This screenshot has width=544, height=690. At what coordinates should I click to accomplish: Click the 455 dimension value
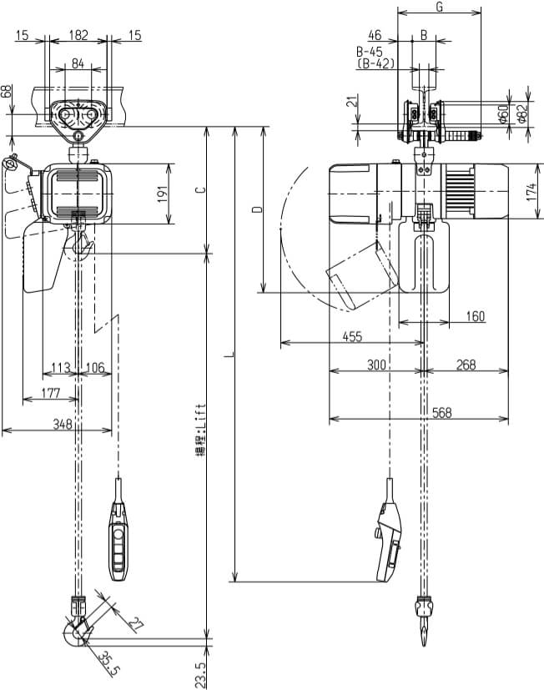(352, 336)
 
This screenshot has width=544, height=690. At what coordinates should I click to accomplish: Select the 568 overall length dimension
(442, 413)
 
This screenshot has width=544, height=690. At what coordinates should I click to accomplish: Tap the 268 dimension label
(466, 365)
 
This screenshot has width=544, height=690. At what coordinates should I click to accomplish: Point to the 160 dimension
(475, 316)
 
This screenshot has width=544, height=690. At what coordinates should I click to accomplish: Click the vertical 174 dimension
(531, 191)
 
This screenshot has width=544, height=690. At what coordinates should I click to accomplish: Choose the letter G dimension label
(440, 8)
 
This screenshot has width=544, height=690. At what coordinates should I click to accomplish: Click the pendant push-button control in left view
(118, 539)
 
